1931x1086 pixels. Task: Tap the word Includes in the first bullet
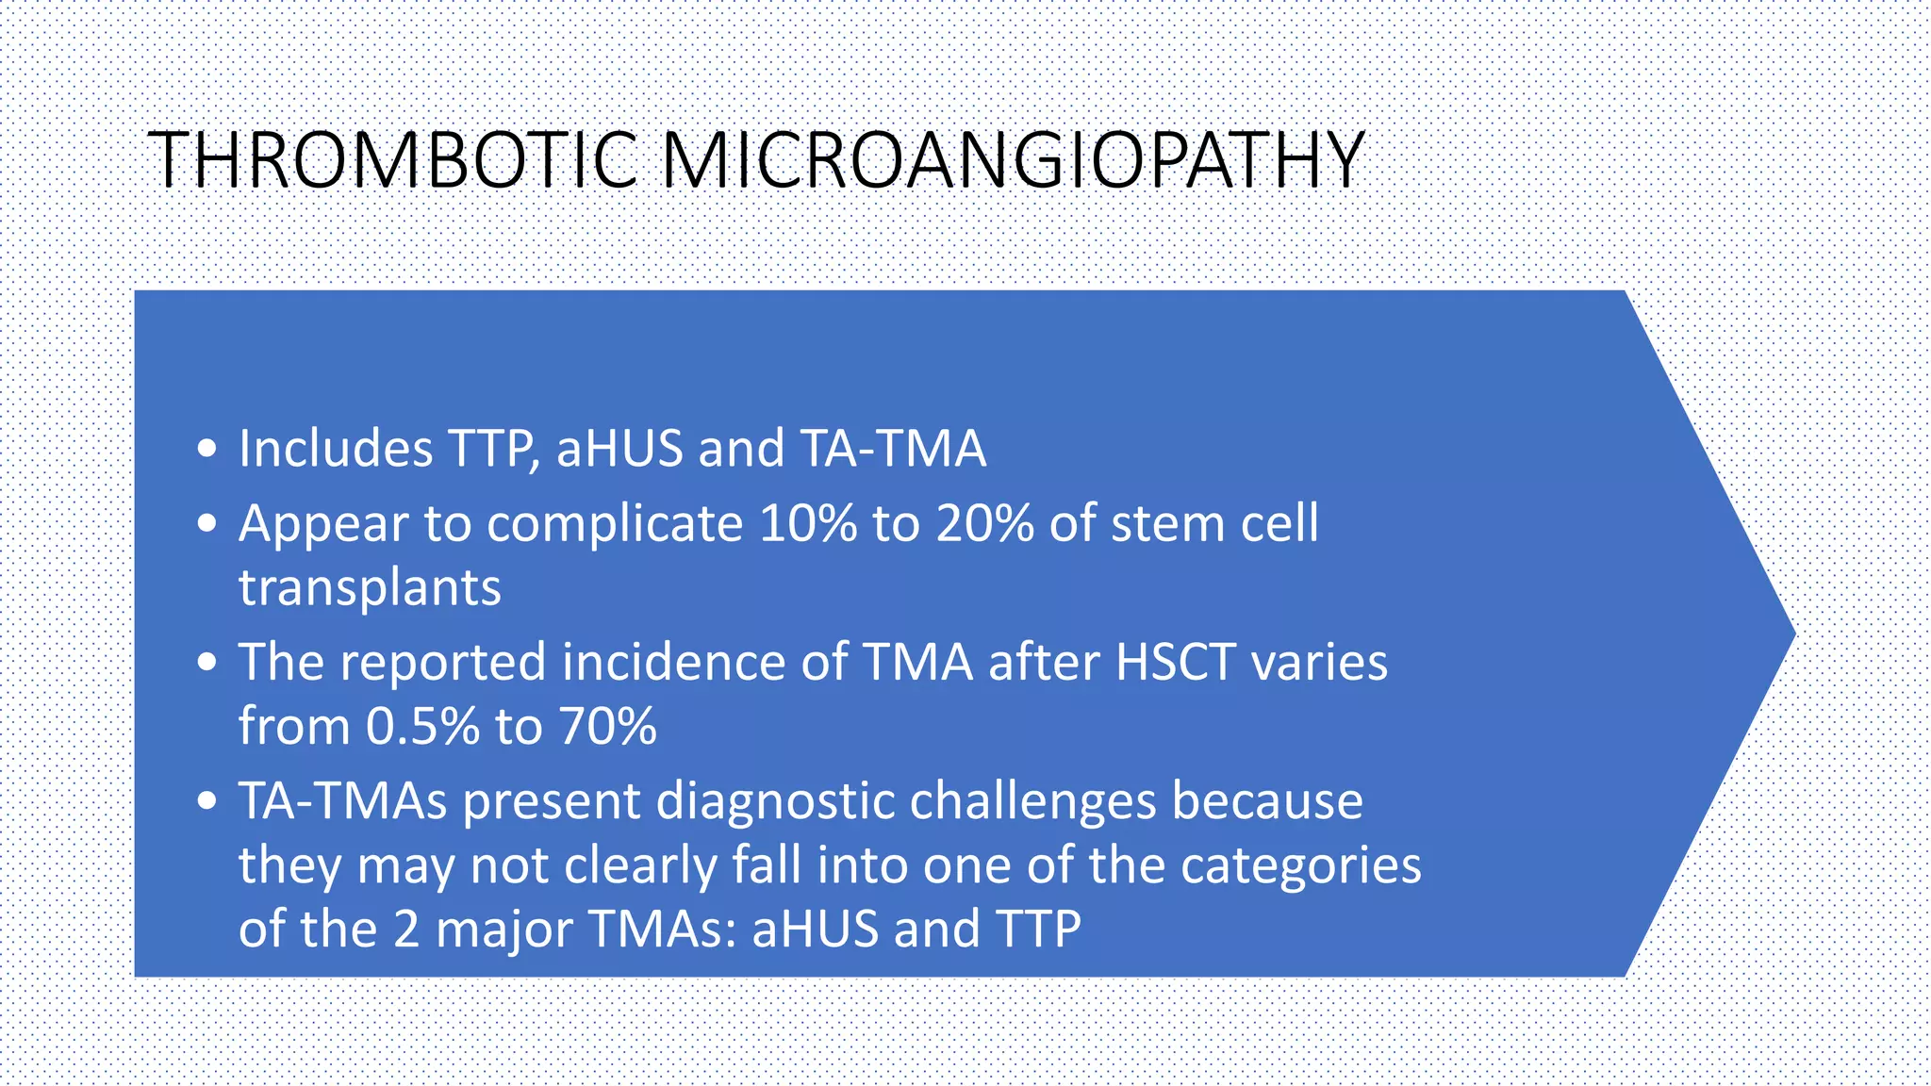point(336,449)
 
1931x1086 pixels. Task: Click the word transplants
point(370,589)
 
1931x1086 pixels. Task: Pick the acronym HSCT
point(1176,662)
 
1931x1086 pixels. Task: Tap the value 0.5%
point(423,727)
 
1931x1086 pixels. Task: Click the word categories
point(1300,866)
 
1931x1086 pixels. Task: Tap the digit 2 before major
point(405,930)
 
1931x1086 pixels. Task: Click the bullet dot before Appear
point(207,524)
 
